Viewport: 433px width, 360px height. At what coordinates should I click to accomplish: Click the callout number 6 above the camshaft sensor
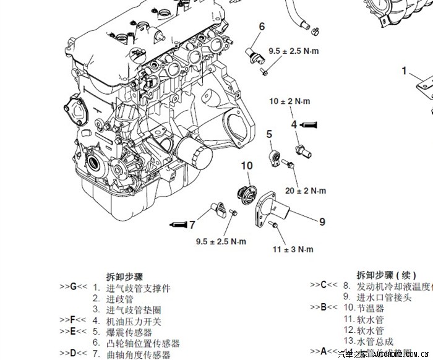262,26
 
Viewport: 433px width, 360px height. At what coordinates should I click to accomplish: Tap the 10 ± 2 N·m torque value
289,101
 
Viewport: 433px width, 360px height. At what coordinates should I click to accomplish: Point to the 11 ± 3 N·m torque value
293,249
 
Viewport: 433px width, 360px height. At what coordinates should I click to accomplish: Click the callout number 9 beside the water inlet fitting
322,221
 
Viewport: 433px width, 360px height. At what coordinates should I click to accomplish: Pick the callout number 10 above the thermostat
247,166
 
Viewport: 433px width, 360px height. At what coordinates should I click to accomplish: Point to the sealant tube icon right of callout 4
309,124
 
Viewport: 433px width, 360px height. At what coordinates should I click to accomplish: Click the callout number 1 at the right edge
405,71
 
